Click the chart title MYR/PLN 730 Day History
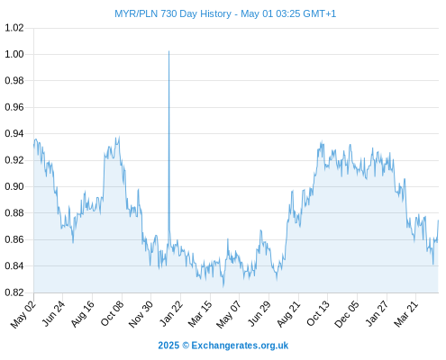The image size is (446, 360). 173,13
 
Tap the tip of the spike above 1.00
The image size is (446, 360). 168,51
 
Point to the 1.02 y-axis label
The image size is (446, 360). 14,28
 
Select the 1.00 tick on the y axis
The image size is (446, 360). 14,54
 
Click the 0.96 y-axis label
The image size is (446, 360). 14,107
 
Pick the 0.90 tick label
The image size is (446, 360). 14,186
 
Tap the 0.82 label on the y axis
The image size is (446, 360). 14,292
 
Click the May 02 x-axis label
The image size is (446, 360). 23,314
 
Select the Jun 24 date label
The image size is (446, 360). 53,313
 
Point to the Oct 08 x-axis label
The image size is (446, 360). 112,313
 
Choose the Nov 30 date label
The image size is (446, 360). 141,314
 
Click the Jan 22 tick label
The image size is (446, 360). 171,313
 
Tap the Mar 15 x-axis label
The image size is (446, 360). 200,314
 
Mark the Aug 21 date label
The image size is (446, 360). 288,314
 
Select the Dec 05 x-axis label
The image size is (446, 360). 347,314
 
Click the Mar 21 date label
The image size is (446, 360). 406,314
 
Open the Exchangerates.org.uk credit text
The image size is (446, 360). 223,346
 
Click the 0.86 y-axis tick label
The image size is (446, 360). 14,239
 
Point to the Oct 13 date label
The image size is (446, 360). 318,314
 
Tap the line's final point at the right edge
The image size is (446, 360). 438,220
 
